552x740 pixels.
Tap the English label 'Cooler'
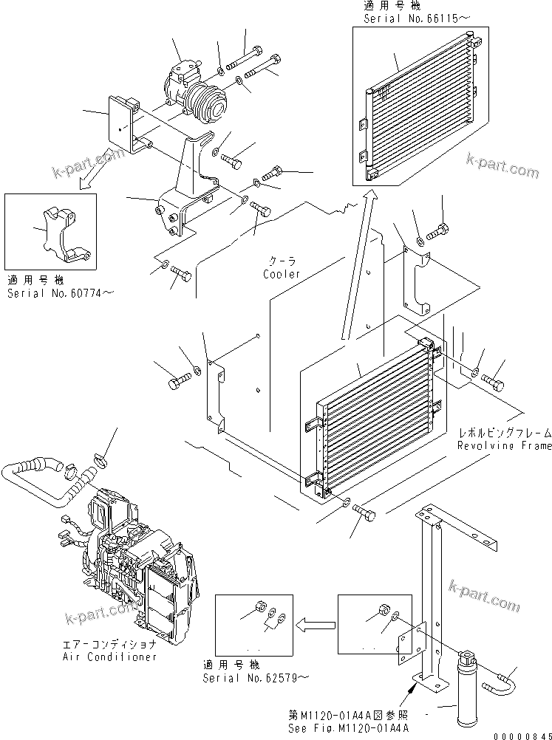coord(282,274)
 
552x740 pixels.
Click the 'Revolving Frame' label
coord(504,446)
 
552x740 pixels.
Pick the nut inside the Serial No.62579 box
coord(260,603)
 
